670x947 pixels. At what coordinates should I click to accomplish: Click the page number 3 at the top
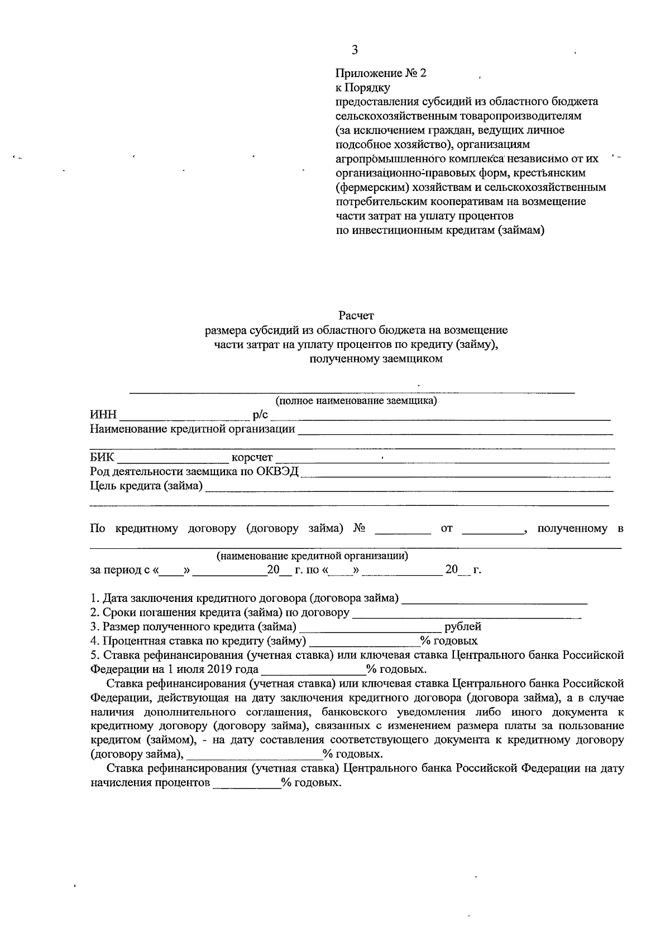[355, 50]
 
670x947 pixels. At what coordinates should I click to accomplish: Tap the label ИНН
[103, 414]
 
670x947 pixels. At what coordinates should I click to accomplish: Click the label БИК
[102, 458]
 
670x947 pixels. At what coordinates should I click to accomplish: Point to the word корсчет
[252, 458]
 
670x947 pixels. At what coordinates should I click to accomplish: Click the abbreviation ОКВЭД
[277, 472]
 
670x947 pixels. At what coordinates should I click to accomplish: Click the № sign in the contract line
[359, 528]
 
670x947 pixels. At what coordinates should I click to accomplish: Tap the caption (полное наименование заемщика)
[356, 400]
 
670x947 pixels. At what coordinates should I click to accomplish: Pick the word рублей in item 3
[463, 626]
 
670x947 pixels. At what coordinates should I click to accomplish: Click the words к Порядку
[362, 88]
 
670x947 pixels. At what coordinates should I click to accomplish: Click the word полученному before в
[572, 528]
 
